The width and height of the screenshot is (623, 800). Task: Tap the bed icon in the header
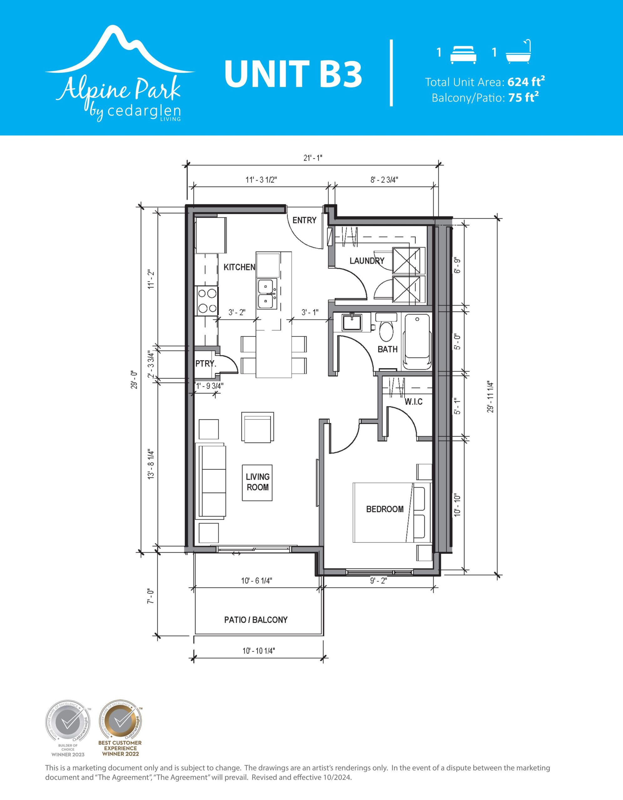click(x=463, y=55)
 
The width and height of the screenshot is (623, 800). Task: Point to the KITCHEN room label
click(x=239, y=267)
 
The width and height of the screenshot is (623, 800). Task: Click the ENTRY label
click(x=304, y=220)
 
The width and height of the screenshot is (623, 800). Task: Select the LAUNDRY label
click(x=367, y=261)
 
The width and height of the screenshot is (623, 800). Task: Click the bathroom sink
click(x=352, y=322)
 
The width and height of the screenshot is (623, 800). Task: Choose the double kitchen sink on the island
click(x=267, y=294)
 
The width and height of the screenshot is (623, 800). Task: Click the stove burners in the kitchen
click(x=207, y=302)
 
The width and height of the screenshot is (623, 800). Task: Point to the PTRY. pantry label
click(x=206, y=364)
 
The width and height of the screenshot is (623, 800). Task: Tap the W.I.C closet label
click(x=414, y=402)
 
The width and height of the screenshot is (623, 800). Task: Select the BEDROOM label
click(x=385, y=509)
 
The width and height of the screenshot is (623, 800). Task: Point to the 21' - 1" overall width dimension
click(x=313, y=158)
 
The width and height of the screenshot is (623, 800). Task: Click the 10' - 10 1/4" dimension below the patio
click(x=259, y=651)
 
